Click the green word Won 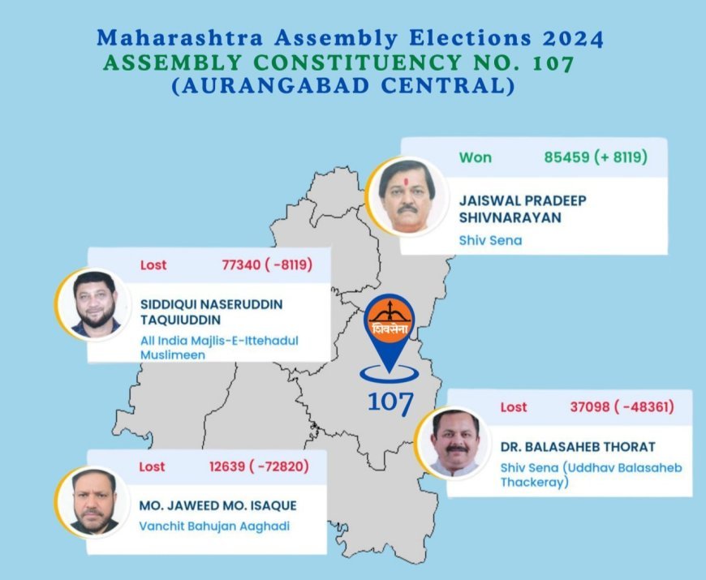[475, 157]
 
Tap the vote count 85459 [566, 157]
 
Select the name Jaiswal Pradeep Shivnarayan [523, 208]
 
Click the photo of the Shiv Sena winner [407, 196]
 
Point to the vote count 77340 [241, 264]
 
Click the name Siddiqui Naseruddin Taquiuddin [212, 311]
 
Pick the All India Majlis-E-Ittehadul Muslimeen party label [219, 347]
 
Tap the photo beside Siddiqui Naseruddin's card [94, 304]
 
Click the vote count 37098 [589, 406]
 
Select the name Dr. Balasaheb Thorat [578, 447]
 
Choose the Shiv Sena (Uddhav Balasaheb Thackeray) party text [592, 475]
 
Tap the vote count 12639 [227, 466]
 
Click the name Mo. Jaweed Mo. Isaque [218, 505]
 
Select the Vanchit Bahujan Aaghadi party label [214, 526]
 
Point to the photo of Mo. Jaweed [93, 501]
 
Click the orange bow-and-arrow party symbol [390, 318]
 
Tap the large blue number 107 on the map [390, 402]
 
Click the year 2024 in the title [572, 39]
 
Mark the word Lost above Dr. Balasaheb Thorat [514, 407]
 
